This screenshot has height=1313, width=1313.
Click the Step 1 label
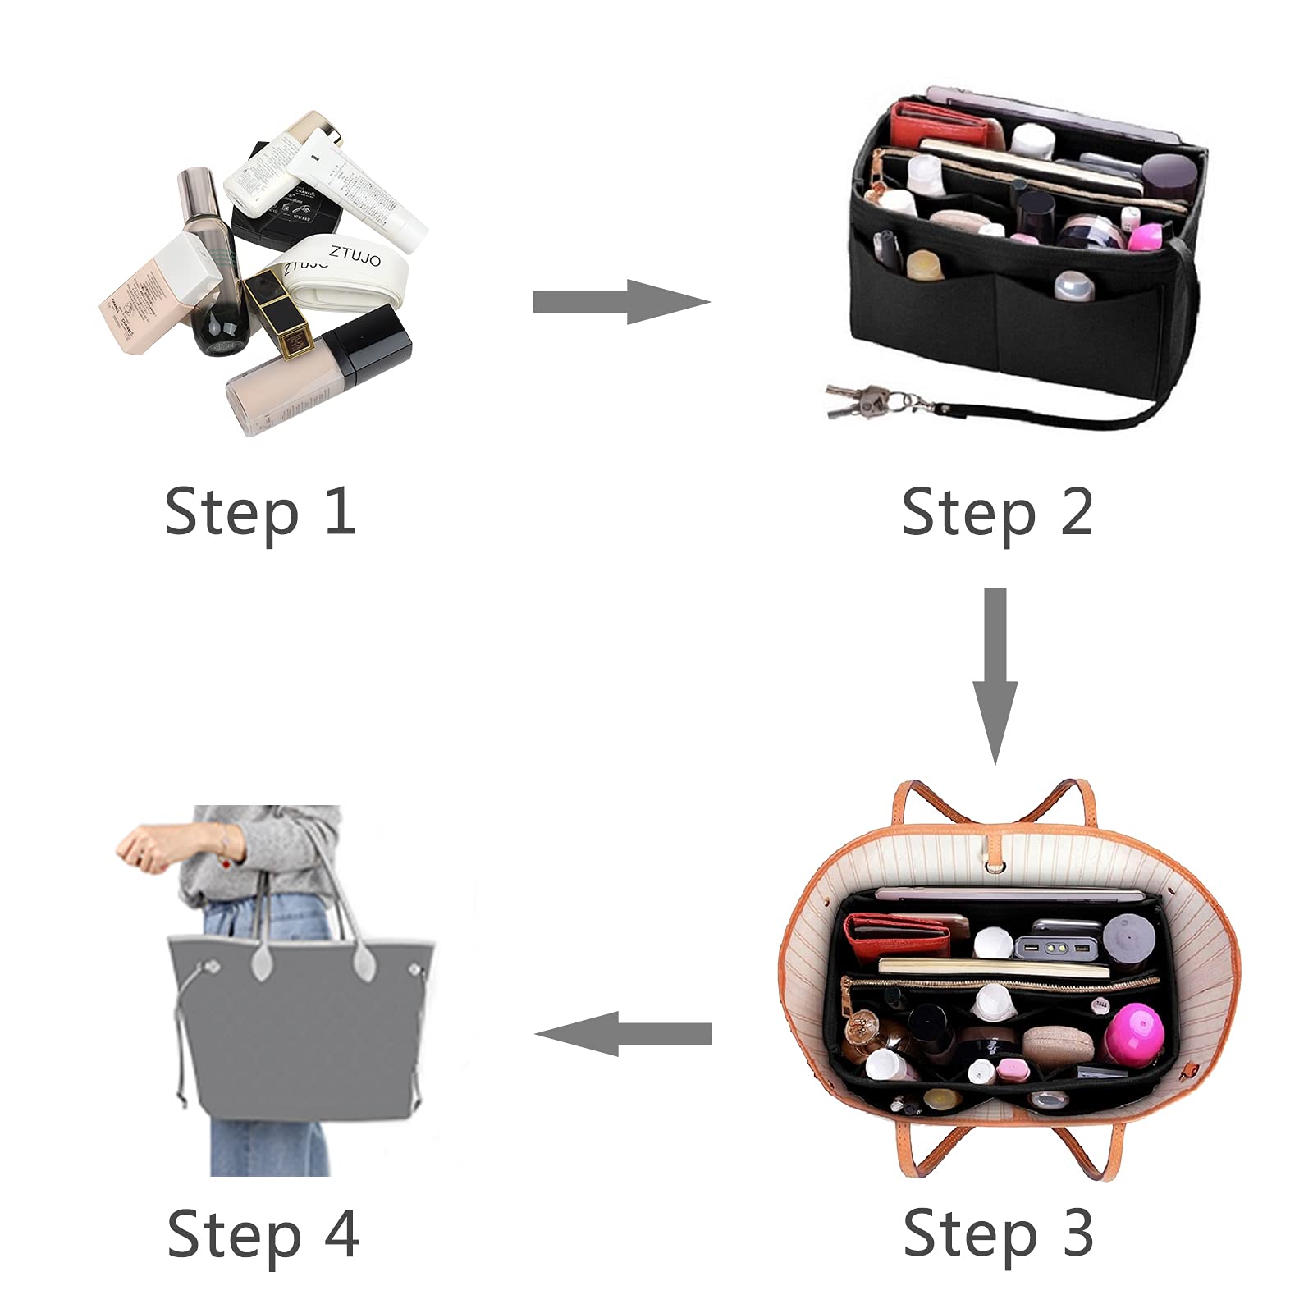pos(259,512)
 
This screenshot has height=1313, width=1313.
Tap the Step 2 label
pos(996,512)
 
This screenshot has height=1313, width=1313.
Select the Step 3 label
pos(998,1233)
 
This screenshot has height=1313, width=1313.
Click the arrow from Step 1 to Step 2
pos(621,302)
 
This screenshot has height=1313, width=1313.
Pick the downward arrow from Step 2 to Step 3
pos(995,675)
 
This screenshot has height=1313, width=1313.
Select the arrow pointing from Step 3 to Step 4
pos(624,1034)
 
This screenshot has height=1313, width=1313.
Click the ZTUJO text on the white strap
pos(355,256)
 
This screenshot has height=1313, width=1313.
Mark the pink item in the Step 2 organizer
pos(1145,236)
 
